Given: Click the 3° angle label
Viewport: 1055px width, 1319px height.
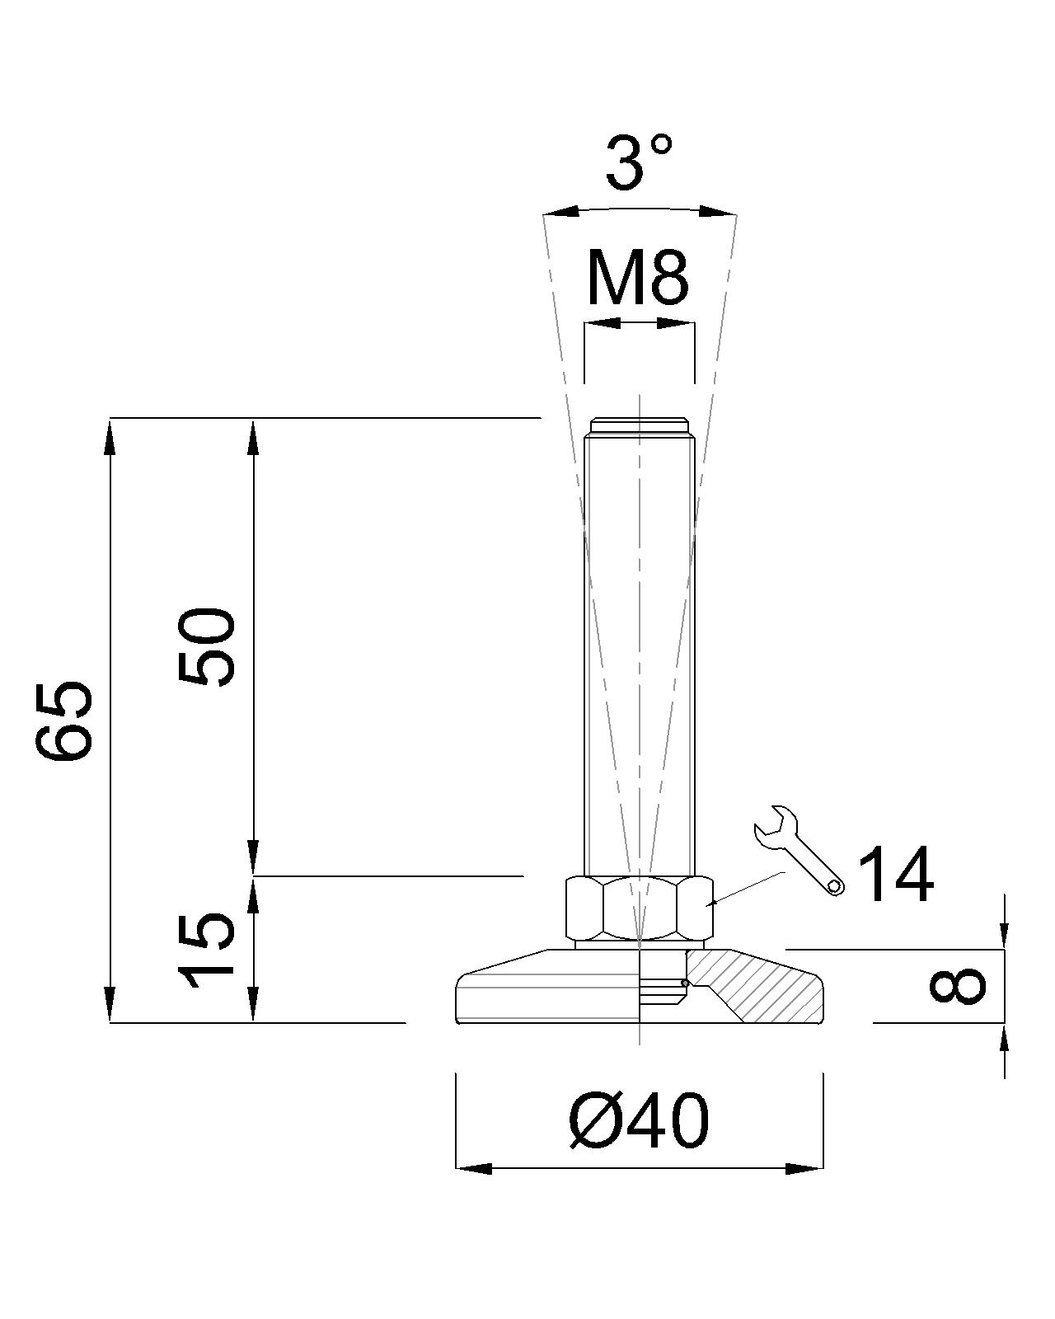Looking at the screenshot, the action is (640, 162).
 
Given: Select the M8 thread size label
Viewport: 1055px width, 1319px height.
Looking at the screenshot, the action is (638, 279).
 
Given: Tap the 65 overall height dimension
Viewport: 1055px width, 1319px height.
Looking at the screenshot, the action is (63, 721).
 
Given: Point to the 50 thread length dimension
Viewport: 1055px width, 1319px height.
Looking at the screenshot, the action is (206, 646).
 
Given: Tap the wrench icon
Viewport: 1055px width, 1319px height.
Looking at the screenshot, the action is (798, 849).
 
